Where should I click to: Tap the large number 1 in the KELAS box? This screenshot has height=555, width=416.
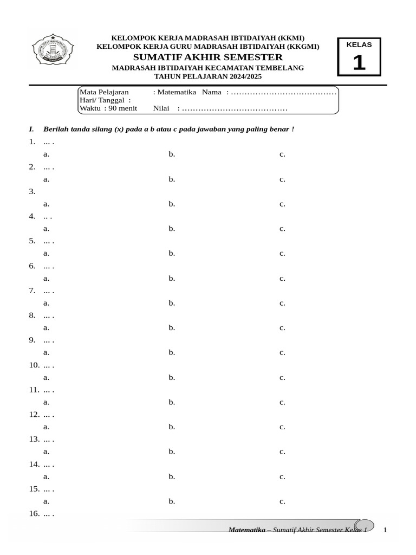point(359,63)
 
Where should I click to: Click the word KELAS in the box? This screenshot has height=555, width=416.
point(359,45)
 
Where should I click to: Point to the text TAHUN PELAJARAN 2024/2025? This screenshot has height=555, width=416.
point(207,77)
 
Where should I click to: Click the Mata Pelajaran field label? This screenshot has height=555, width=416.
point(104,92)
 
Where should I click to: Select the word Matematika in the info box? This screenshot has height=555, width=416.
point(177,92)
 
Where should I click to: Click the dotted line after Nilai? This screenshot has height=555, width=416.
point(235,109)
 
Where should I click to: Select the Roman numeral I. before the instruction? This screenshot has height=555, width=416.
point(31,130)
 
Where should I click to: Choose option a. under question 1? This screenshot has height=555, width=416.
point(47,154)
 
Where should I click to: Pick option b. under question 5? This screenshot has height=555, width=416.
point(172,253)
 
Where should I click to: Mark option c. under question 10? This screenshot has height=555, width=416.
point(282,377)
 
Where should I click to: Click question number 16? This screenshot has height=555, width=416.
point(34,514)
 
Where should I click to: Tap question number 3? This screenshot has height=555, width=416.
point(32,191)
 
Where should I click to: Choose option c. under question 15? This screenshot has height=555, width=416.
point(282,501)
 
